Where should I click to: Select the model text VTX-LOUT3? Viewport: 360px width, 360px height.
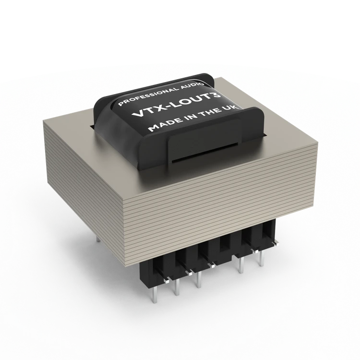point(176,105)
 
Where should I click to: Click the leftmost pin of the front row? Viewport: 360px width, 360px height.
point(154,292)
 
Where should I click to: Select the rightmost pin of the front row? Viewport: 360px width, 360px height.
point(262,258)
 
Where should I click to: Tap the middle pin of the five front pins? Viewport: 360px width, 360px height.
point(199,279)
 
